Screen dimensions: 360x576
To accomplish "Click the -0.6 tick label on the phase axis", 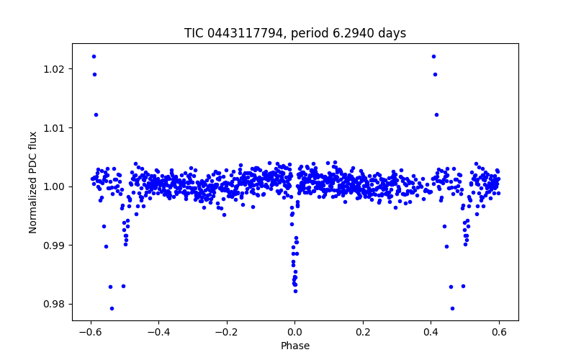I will click(90, 333).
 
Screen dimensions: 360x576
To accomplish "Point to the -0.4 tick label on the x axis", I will click(158, 333).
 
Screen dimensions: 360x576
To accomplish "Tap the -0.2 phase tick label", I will click(226, 333).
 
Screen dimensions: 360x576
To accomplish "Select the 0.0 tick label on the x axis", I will click(294, 333).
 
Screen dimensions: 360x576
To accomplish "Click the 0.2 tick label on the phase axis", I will click(363, 333).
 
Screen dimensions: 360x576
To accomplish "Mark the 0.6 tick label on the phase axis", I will click(499, 333).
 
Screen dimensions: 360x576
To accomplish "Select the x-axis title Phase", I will click(294, 346).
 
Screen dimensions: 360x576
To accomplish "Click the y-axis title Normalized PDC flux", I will click(33, 182).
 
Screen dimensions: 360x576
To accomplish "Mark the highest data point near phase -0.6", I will click(94, 56).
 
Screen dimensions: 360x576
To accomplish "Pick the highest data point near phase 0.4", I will click(433, 56).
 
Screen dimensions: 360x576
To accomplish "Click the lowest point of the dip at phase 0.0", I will click(295, 291).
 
